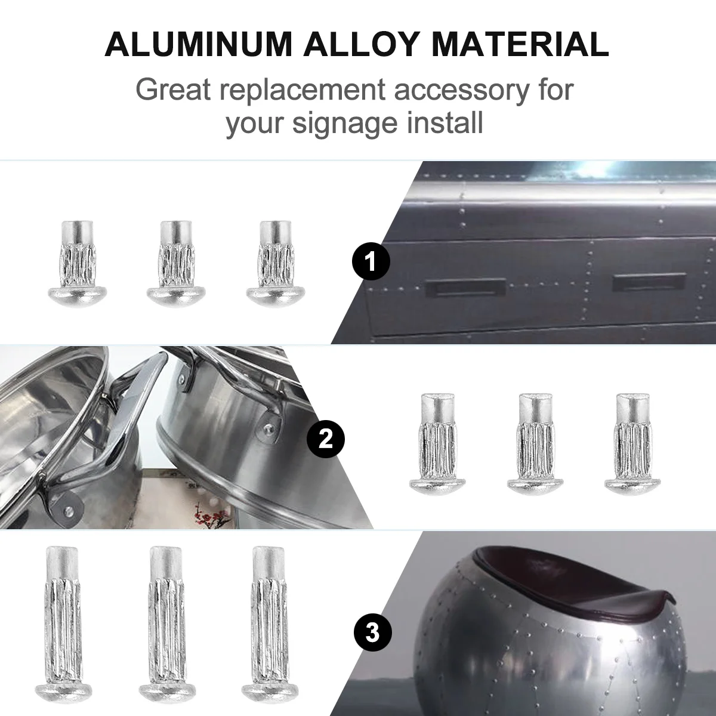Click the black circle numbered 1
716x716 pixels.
click(x=371, y=261)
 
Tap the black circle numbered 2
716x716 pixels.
click(x=325, y=439)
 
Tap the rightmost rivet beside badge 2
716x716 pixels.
click(x=631, y=443)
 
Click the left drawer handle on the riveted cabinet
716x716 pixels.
click(x=465, y=288)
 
